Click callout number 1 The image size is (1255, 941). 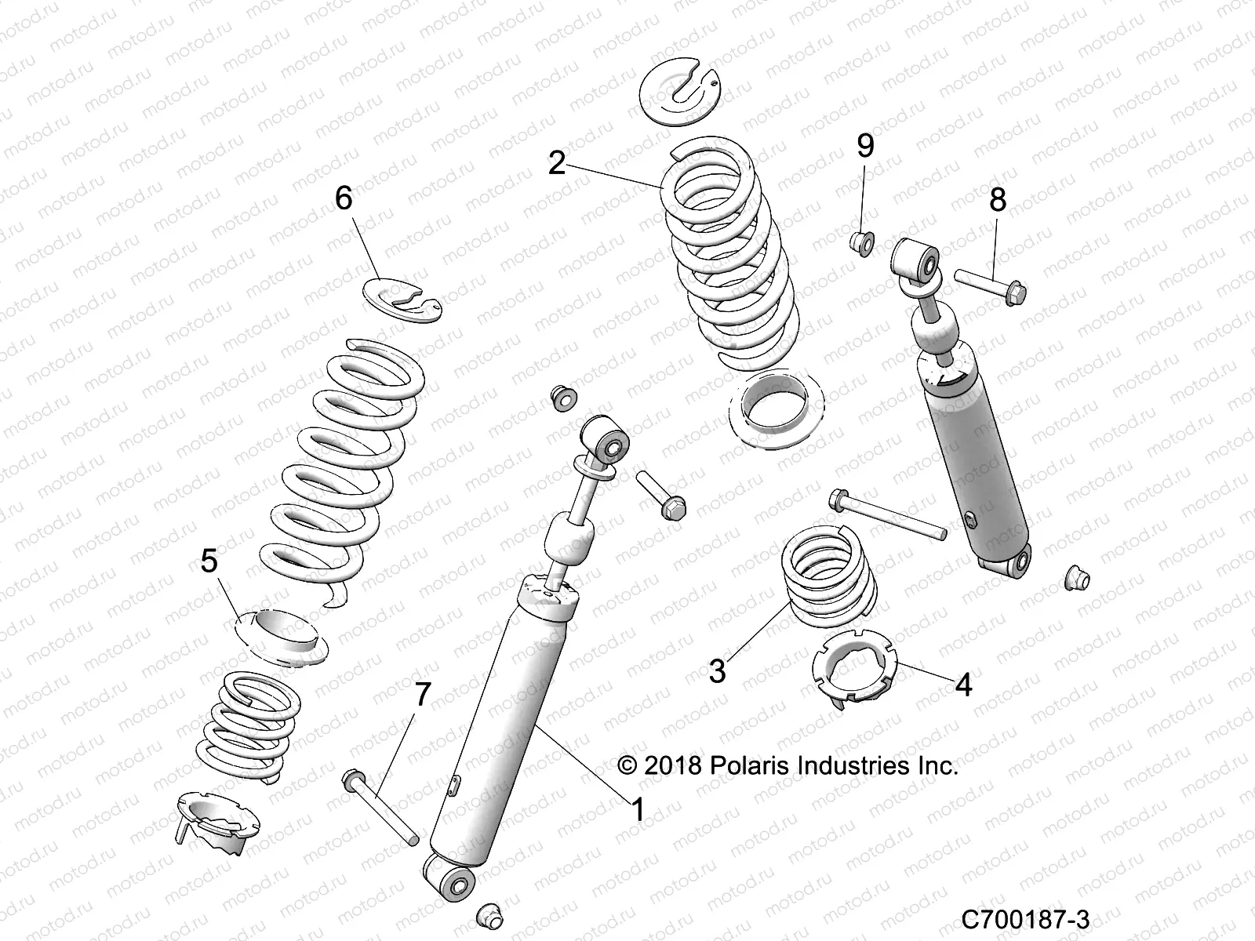click(x=638, y=809)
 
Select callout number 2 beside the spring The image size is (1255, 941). click(x=557, y=163)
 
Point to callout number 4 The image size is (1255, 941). click(x=963, y=685)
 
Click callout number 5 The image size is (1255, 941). click(x=209, y=561)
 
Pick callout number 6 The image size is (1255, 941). click(x=344, y=198)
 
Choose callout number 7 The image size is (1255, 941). click(x=423, y=694)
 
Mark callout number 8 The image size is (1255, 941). click(x=997, y=200)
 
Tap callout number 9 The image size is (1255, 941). click(x=864, y=146)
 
